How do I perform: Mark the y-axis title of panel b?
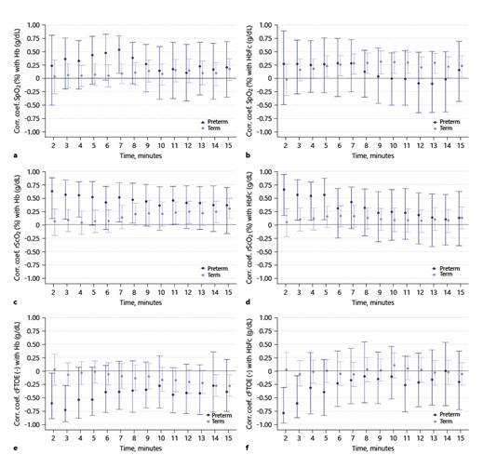[256, 78]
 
